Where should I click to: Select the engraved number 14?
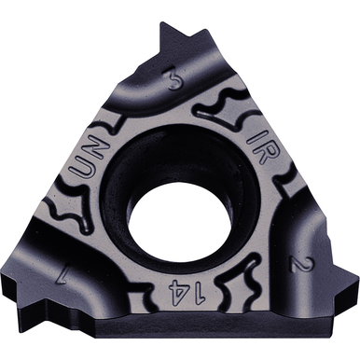coord(187,292)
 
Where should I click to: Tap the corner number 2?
coord(300,263)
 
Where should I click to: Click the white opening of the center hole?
coord(180,220)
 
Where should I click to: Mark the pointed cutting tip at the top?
coord(162,23)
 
